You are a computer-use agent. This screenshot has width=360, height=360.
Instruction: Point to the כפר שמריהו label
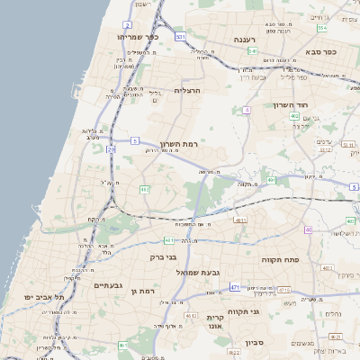click(138, 38)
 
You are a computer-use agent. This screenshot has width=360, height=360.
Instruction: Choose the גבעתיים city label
click(108, 285)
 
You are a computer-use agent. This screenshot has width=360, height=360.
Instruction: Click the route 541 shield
click(253, 52)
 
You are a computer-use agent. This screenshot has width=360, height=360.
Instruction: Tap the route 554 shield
click(321, 28)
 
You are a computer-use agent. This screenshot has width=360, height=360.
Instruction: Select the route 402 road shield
click(295, 116)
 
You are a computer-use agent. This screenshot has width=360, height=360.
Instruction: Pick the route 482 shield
click(144, 189)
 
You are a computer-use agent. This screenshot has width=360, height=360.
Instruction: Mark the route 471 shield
click(235, 287)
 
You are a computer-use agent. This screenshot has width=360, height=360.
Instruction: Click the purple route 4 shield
click(246, 110)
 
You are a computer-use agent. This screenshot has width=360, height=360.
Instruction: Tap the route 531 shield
click(181, 37)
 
